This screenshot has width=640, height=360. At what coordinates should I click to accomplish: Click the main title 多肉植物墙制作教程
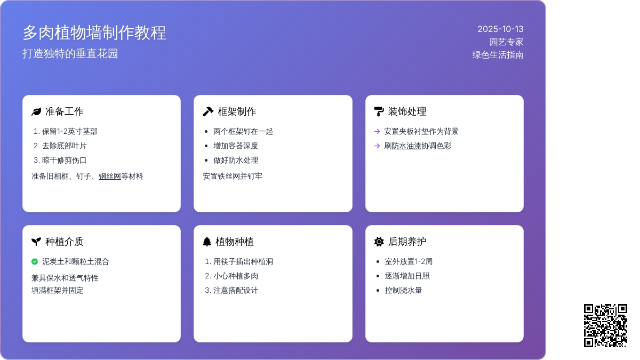coord(94,33)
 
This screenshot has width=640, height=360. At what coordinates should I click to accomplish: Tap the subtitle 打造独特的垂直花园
coord(70,54)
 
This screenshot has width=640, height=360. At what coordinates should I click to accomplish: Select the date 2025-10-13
coord(500,29)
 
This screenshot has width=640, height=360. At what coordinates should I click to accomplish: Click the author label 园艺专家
coord(506,42)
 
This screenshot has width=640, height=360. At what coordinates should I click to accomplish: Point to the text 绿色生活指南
coord(498,55)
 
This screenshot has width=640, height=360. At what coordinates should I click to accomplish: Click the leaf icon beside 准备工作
coord(36,111)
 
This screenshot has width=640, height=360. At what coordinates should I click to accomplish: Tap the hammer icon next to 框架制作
coord(208,111)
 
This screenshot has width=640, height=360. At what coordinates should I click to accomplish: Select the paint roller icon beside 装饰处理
coord(379,111)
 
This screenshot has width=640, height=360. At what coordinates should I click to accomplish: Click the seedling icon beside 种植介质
coord(36,242)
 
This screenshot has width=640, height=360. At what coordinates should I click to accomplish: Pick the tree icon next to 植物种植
coord(207,242)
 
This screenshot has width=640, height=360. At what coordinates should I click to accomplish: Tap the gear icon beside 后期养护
coord(379,242)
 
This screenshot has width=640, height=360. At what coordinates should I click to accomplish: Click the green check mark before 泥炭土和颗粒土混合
coord(35,261)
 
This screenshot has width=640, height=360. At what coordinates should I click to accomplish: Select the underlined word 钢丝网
coord(110,177)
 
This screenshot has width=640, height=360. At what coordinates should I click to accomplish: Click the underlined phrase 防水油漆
coord(406,146)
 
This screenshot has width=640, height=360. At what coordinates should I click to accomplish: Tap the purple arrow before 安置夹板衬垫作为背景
coord(377,131)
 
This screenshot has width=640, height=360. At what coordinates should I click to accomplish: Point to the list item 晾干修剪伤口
coord(65,161)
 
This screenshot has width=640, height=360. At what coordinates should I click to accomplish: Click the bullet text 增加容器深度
coord(236,146)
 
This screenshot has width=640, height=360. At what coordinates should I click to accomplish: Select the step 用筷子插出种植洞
coord(243,262)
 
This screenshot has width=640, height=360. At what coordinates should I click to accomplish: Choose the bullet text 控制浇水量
coord(403,291)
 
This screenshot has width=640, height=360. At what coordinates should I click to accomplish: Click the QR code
coord(605,325)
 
